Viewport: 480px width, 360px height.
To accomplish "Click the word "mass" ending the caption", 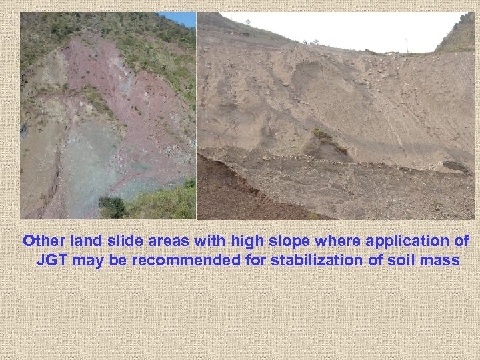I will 441,260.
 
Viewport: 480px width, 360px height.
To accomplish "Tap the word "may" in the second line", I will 87,260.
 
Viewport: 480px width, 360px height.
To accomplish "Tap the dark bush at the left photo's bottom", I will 111,206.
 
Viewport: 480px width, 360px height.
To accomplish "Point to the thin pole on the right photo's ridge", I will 405,45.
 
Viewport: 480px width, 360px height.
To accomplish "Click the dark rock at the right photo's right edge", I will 455,166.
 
